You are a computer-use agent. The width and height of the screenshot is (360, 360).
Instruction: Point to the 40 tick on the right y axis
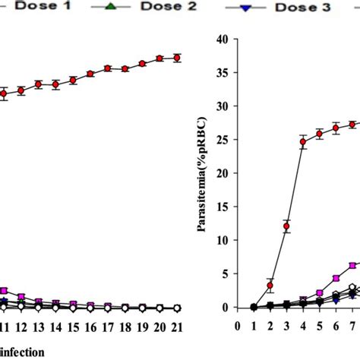(x=223, y=39)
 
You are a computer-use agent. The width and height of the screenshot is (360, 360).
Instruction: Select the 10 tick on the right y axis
(x=223, y=241)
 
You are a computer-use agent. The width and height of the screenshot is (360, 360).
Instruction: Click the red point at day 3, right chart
(x=286, y=226)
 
